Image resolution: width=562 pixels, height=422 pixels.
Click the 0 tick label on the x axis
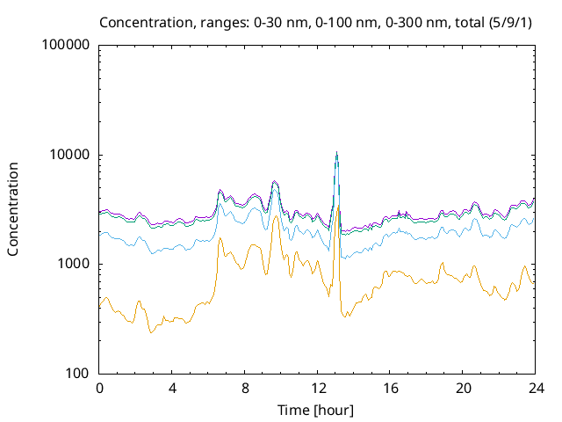[x=99, y=389]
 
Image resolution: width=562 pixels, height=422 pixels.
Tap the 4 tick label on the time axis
[x=172, y=389]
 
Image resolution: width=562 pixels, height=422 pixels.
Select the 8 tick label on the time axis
[x=245, y=389]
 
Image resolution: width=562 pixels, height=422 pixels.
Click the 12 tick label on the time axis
[x=317, y=389]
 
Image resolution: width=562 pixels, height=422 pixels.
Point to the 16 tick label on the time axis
[x=390, y=389]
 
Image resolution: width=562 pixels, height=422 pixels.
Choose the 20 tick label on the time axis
[x=463, y=389]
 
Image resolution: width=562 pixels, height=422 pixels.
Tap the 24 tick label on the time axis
[x=535, y=389]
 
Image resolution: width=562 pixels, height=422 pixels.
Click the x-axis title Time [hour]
[x=317, y=409]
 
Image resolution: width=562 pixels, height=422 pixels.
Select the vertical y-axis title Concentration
[x=13, y=208]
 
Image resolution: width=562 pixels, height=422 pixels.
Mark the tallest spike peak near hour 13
[x=336, y=153]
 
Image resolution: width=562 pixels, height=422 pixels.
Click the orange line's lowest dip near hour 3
[x=151, y=332]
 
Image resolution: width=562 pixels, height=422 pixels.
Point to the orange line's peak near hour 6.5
[x=220, y=238]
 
